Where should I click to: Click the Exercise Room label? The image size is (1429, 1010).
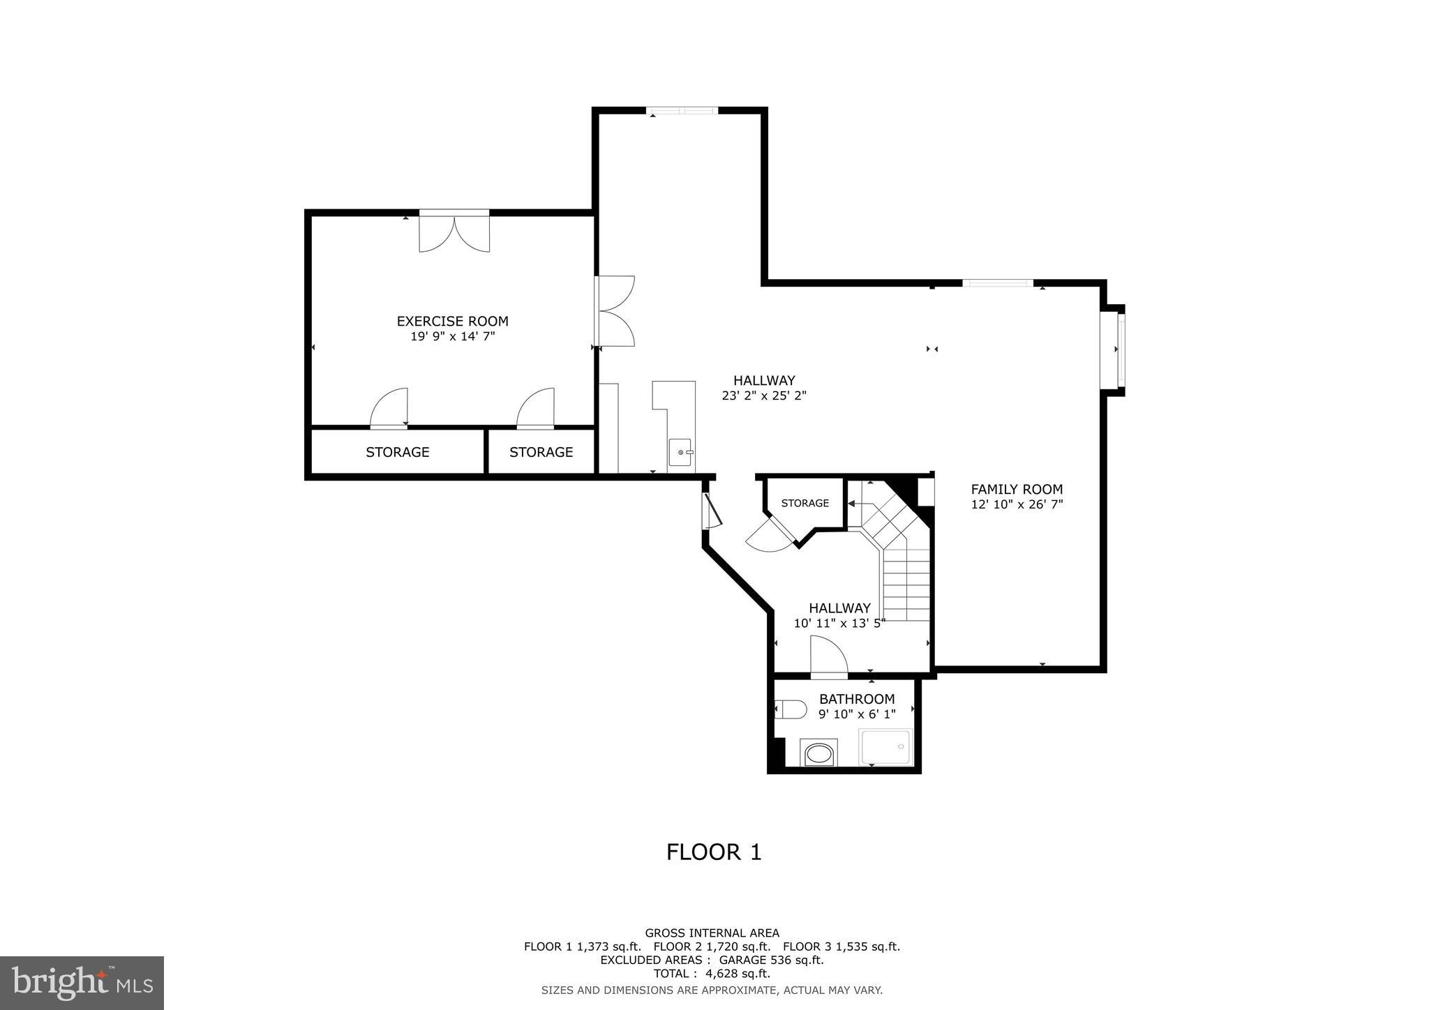pos(452,322)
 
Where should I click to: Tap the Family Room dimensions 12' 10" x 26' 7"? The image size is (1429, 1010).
pos(1017,504)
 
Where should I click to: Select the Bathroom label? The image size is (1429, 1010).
pos(856,699)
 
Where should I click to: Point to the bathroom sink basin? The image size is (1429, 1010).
pos(818,754)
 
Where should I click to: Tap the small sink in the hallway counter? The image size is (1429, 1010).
pos(680,452)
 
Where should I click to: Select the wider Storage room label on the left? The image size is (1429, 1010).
pos(397,452)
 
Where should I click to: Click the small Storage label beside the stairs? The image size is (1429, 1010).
pos(805,503)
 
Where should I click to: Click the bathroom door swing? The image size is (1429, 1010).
pos(828,657)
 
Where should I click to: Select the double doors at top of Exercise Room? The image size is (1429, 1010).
pos(454,232)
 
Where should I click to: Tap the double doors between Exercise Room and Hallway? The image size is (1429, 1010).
pos(615,311)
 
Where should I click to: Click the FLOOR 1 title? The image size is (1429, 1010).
pos(713,852)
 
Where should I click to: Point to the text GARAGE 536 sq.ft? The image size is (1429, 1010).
pos(771,960)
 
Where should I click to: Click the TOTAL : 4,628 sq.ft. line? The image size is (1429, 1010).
pos(712,974)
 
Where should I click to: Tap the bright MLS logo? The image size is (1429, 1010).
pos(82,983)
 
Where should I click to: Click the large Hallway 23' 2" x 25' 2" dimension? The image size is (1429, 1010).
pos(764,395)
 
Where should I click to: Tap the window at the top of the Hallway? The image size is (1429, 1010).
pos(682,110)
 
